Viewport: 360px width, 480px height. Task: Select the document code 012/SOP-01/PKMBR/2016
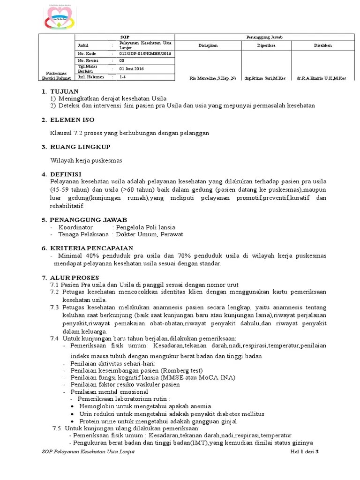[145, 53]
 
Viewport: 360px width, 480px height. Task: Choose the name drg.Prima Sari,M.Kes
[265, 78]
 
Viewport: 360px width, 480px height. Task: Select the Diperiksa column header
[266, 45]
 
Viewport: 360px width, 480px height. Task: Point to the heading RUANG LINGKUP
[80, 147]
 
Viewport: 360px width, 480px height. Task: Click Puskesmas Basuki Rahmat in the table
[56, 75]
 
